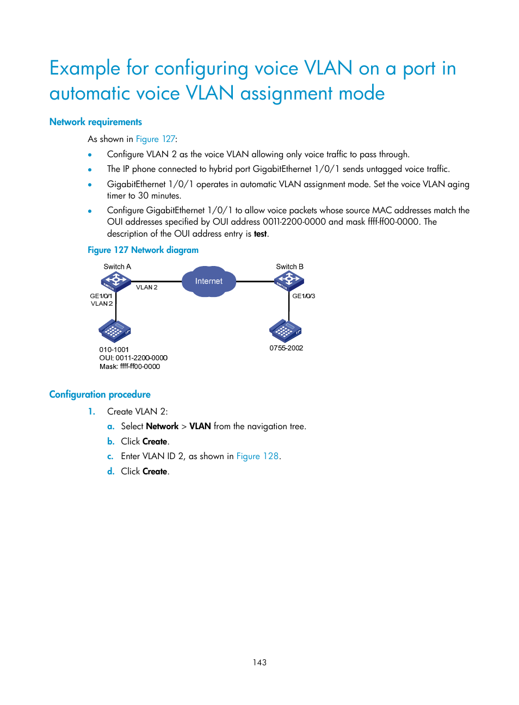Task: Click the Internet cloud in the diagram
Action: point(209,281)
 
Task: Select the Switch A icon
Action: point(116,281)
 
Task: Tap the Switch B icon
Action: point(289,281)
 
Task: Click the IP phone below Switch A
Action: point(115,331)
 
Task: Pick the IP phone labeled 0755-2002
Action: point(285,330)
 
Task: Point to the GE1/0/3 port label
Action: point(304,296)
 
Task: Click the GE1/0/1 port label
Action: point(101,296)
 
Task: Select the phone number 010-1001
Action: point(114,350)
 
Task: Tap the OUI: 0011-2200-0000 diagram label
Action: point(133,358)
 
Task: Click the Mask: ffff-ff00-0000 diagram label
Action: point(129,367)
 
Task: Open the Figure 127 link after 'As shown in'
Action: point(156,139)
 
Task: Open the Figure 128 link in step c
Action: point(257,456)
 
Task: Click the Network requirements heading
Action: point(96,122)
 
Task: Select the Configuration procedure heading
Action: point(100,394)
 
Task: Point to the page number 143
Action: point(259,663)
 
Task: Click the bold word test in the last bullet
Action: point(261,234)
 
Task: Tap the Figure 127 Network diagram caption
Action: point(143,250)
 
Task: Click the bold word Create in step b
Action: point(155,442)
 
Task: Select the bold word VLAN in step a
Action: point(200,426)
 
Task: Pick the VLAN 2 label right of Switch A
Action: point(147,287)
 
